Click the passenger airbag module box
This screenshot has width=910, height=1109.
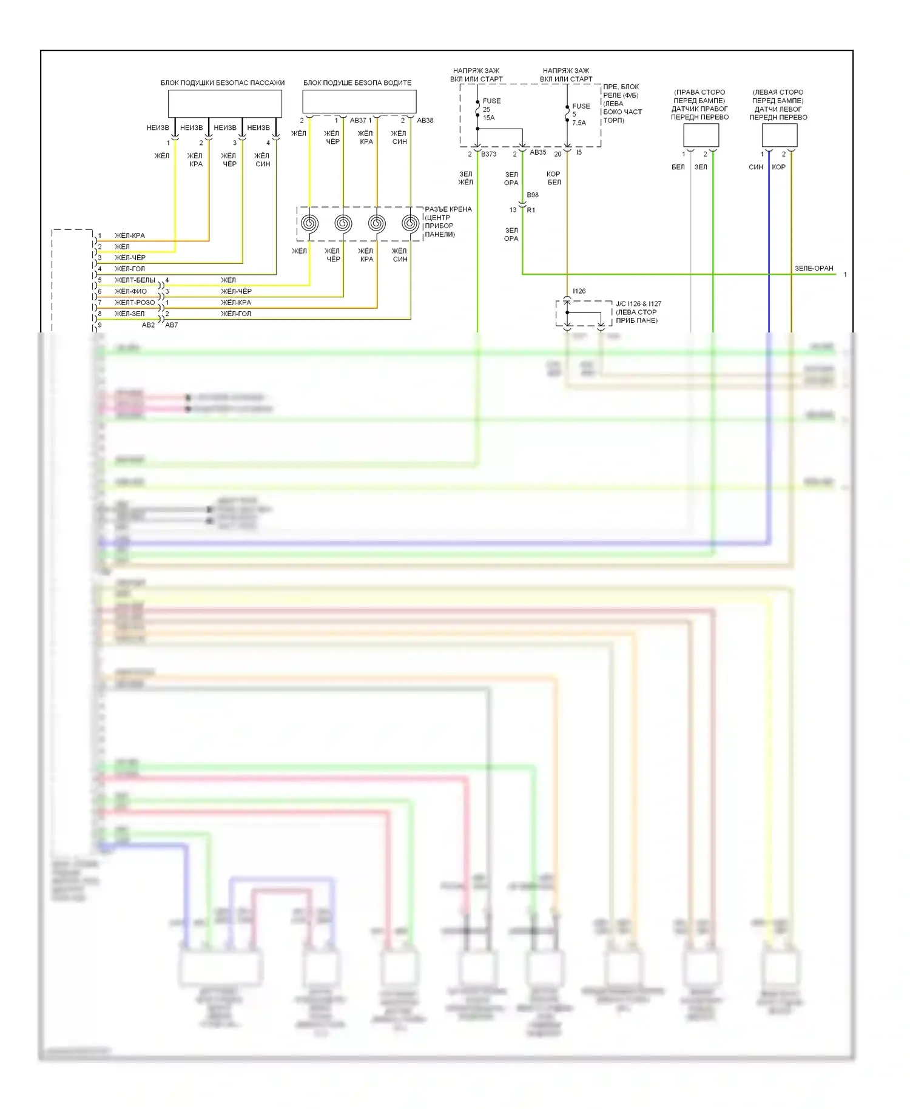224,103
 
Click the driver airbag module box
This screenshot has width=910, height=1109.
359,101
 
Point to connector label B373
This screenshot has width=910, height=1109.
488,154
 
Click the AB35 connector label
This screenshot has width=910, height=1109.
538,152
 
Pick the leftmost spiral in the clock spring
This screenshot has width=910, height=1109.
309,223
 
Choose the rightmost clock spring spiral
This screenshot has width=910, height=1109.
411,223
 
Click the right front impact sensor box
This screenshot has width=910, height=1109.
701,135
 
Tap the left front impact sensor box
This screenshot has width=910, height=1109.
779,135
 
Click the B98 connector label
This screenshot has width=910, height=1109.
533,195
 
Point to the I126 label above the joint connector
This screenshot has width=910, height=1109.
579,291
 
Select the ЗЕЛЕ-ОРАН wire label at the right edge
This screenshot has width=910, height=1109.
814,268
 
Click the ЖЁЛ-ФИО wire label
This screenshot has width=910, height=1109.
130,291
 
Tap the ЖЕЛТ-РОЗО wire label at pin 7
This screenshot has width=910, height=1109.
135,302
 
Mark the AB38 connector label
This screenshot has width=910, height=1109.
425,120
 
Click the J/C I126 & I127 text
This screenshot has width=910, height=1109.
638,304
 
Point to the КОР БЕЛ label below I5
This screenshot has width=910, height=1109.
554,178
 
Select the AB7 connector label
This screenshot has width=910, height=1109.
172,325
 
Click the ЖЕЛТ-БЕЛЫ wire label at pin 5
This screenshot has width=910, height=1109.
135,280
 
